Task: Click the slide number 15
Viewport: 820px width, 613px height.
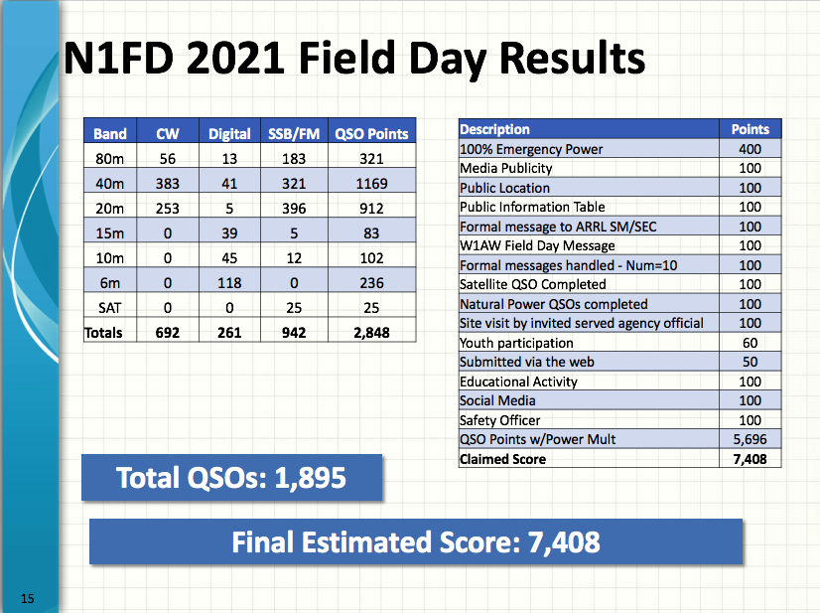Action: pos(27,598)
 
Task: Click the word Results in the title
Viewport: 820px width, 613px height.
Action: pos(572,58)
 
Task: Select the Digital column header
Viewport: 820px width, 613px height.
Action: pos(229,134)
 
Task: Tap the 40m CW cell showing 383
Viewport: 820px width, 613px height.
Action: pos(168,184)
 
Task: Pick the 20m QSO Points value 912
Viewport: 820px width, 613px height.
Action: pos(371,209)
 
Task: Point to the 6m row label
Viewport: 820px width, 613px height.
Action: pos(110,283)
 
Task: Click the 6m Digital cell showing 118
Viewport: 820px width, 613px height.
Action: pos(229,283)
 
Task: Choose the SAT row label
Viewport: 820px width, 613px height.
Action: pos(110,308)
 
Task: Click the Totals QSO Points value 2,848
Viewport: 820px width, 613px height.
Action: pos(371,333)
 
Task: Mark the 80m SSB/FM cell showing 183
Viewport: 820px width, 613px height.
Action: pos(294,159)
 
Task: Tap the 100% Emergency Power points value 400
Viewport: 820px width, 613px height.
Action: pos(750,149)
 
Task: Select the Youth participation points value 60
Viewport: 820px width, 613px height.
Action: pos(750,343)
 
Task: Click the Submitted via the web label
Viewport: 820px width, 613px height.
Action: pos(526,363)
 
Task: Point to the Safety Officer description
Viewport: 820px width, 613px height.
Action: pos(500,420)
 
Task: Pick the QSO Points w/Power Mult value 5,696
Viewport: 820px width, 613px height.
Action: pos(750,439)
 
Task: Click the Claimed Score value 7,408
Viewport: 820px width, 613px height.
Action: pos(750,459)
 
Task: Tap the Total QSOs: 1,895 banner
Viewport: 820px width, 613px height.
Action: pos(231,478)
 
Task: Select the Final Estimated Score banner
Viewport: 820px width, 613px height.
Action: pos(416,541)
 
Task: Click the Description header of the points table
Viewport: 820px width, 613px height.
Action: pos(494,129)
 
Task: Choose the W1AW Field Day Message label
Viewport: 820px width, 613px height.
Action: pos(537,245)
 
